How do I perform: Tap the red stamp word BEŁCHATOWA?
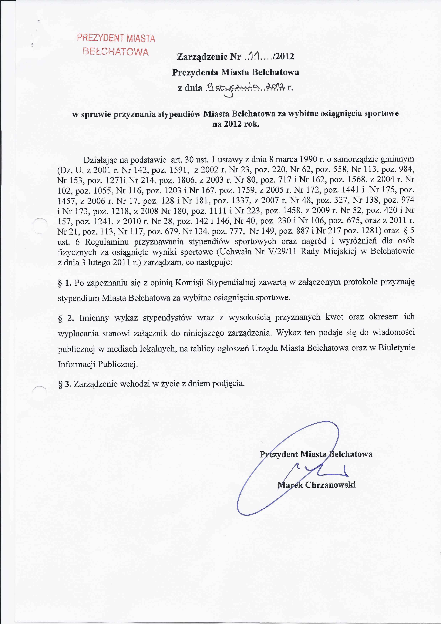[116, 51]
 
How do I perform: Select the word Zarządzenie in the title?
[202, 57]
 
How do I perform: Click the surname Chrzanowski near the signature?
[330, 485]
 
